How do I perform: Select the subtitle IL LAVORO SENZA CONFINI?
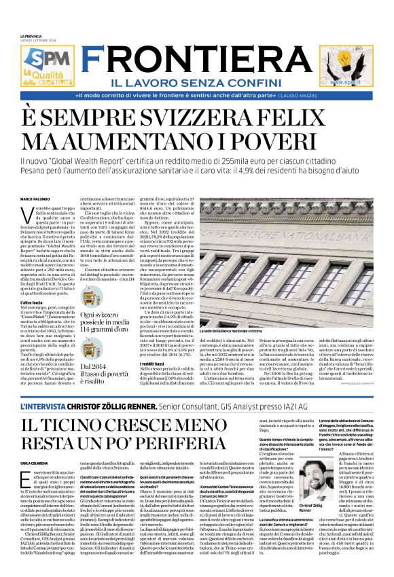[196, 82]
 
